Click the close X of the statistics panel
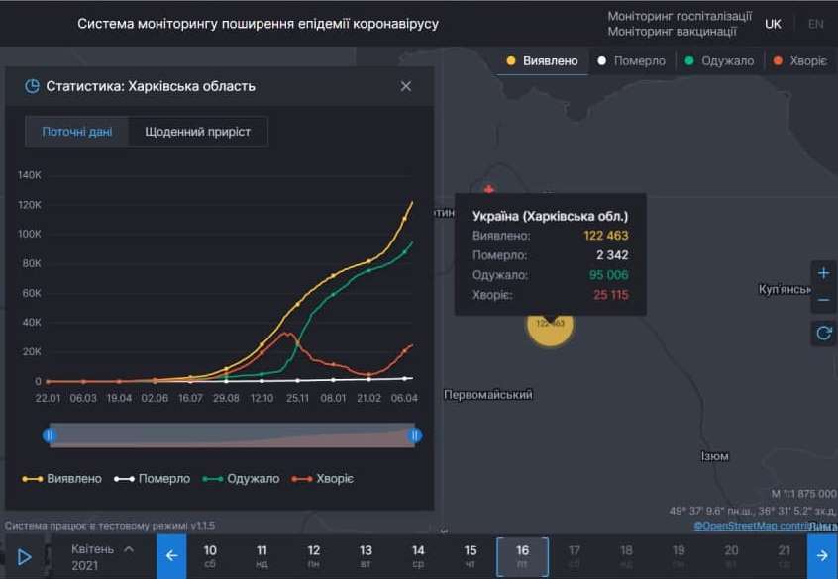point(406,86)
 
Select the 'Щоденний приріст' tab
point(198,132)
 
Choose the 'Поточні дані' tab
point(77,132)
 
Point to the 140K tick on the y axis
point(29,175)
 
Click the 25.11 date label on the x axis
point(298,398)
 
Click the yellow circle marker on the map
point(550,323)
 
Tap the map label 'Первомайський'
point(488,395)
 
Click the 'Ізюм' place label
point(714,456)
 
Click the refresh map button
point(823,334)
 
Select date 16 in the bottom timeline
point(522,556)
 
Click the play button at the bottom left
point(25,557)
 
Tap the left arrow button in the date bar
point(171,556)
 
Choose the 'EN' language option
point(815,24)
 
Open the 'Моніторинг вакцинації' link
point(672,32)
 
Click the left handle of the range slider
point(50,434)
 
